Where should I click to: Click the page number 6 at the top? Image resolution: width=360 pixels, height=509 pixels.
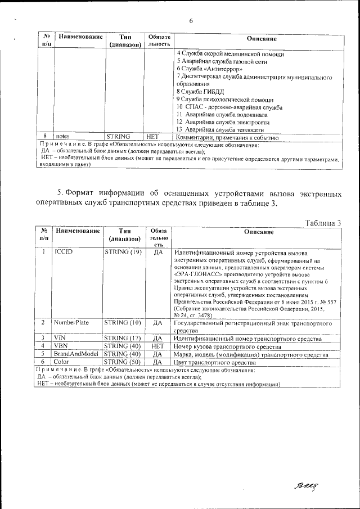click(x=191, y=21)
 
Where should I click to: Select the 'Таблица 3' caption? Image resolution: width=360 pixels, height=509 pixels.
click(x=323, y=223)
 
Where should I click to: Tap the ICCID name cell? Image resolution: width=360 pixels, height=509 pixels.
click(x=64, y=253)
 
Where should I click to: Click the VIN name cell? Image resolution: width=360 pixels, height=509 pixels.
click(x=60, y=337)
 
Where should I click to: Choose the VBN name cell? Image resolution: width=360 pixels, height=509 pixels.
click(x=60, y=346)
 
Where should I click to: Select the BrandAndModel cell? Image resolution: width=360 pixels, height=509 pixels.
click(x=76, y=354)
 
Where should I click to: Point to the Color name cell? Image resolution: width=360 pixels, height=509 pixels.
click(x=61, y=363)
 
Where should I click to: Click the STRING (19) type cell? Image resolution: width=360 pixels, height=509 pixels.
click(x=123, y=253)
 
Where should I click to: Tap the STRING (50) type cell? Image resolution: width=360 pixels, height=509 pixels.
click(x=123, y=363)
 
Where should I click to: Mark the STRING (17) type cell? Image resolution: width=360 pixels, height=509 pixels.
click(x=123, y=337)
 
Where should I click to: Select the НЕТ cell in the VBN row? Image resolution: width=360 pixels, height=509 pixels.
click(x=157, y=346)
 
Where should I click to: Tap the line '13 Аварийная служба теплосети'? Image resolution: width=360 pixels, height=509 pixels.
click(x=220, y=129)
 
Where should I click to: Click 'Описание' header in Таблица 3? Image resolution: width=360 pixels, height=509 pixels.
click(x=259, y=232)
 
